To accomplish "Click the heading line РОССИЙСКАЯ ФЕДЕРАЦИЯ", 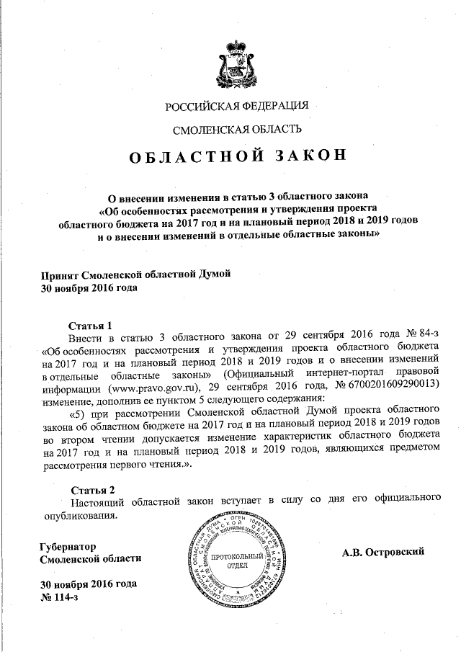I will click(237, 107).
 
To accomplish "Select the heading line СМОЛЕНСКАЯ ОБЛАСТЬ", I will click(237, 130).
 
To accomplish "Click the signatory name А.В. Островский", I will click(385, 552).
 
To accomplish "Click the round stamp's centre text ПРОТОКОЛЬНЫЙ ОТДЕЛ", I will click(233, 560).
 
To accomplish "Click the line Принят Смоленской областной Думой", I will click(136, 274).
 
